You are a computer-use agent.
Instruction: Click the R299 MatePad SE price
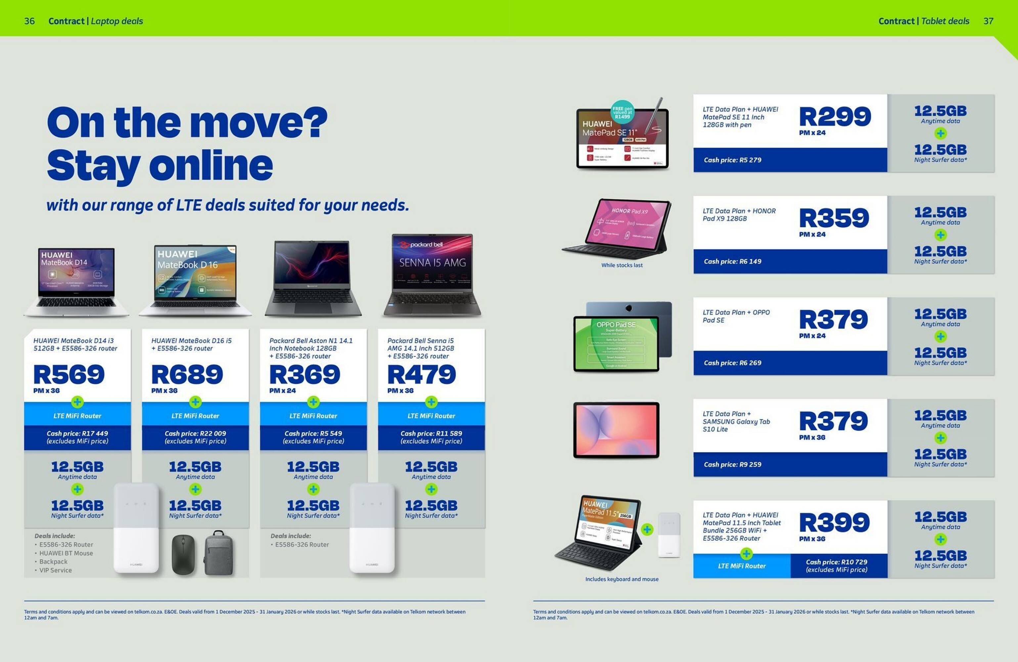tap(834, 117)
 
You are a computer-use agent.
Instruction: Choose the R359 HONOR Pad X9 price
tap(834, 218)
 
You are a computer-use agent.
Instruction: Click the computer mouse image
tap(183, 555)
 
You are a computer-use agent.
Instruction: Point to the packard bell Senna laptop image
tap(432, 274)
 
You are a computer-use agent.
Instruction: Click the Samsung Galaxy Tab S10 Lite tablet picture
tap(616, 430)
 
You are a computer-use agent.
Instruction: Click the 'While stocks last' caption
tap(622, 265)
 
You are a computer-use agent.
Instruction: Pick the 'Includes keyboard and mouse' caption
tap(622, 579)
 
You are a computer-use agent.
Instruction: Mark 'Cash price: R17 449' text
tap(77, 434)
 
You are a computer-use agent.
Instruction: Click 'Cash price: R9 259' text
tap(732, 464)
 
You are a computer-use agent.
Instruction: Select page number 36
tap(29, 21)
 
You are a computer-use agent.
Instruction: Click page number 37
tap(988, 21)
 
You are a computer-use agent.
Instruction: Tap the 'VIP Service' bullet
tap(56, 570)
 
